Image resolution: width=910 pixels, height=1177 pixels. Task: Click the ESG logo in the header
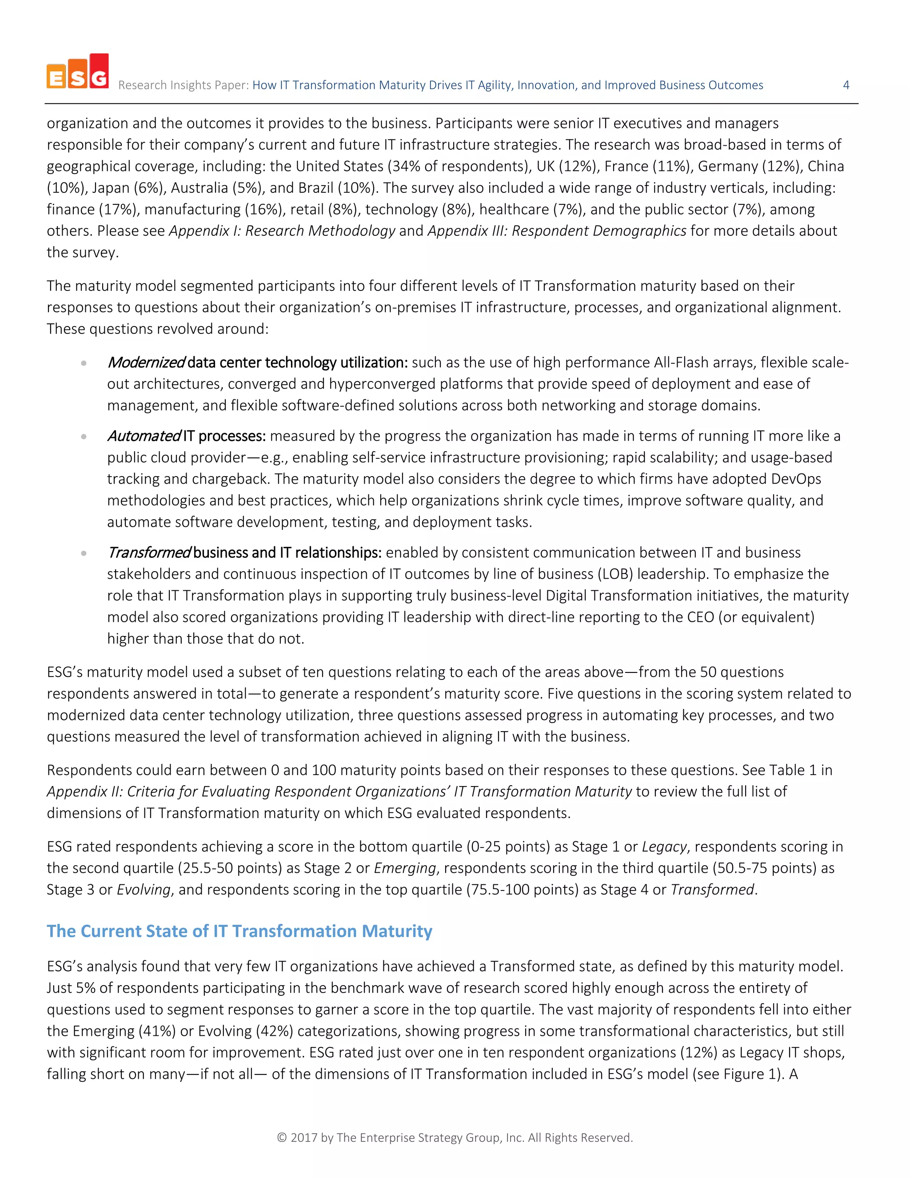tap(78, 71)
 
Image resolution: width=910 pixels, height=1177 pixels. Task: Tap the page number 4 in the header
tap(846, 85)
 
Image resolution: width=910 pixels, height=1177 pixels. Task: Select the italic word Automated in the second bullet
tap(144, 436)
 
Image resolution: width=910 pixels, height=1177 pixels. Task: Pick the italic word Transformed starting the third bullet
tap(149, 553)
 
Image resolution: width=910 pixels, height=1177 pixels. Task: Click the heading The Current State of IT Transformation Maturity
tap(239, 931)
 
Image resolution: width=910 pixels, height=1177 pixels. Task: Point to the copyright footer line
tap(455, 1137)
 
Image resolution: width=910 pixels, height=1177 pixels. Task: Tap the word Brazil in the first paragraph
tap(316, 188)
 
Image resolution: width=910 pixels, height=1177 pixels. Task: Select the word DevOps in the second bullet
tap(796, 479)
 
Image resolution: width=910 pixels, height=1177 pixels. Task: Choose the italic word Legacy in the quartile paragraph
tap(664, 847)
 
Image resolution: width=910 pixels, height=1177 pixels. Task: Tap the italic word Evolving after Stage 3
tap(144, 890)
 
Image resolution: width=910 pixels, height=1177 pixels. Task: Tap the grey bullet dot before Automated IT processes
tap(84, 437)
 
